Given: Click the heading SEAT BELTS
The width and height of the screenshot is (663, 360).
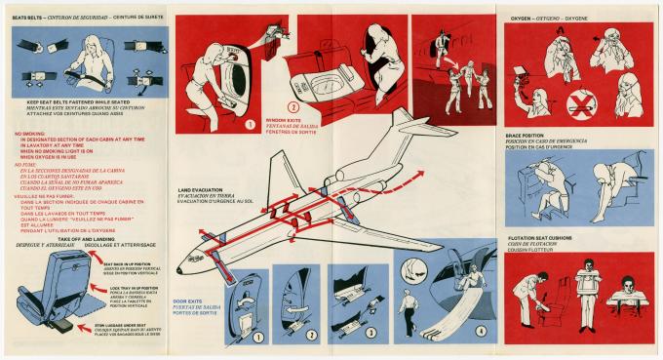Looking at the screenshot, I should [x=26, y=18].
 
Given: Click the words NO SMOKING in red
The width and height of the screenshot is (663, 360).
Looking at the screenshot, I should [x=30, y=130].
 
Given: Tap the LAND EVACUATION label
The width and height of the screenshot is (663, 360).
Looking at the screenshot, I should [x=199, y=187].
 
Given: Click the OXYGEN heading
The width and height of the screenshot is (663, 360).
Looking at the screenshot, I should [x=522, y=18].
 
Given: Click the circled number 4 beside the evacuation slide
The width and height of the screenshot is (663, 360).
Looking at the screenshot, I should [x=482, y=330].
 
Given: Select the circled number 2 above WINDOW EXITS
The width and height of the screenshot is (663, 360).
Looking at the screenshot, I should [x=292, y=106].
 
